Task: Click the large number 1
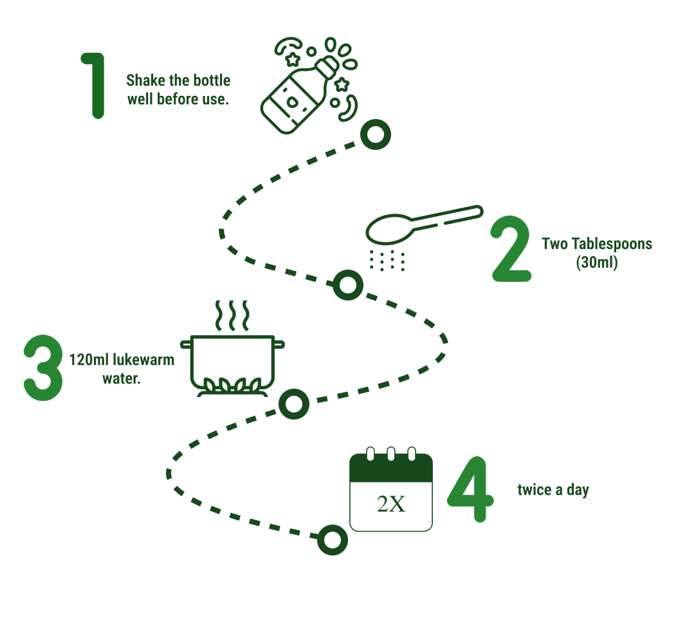(x=95, y=86)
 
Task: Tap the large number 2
(x=511, y=250)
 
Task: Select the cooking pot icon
(x=232, y=364)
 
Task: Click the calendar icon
(x=390, y=492)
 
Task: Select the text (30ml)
(x=597, y=263)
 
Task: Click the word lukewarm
(x=148, y=360)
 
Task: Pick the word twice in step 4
(x=535, y=490)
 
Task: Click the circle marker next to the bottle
(x=375, y=134)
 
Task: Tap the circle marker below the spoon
(x=347, y=285)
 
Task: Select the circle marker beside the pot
(x=294, y=404)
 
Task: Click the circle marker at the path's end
(x=333, y=540)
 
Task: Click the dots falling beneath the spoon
(x=387, y=261)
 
